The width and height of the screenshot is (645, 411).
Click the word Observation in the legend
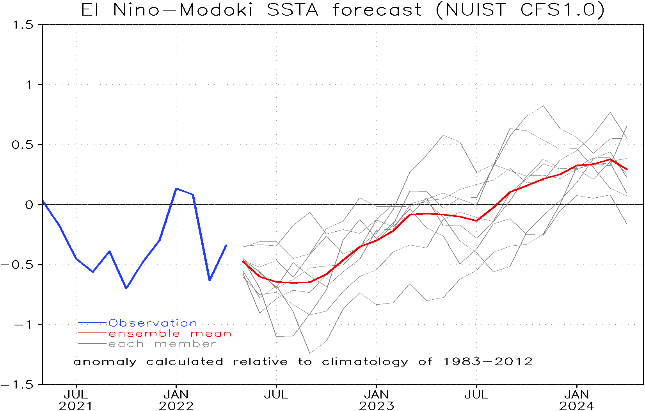click(x=153, y=323)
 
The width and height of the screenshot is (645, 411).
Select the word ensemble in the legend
click(x=144, y=334)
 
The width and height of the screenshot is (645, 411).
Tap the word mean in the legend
click(x=211, y=334)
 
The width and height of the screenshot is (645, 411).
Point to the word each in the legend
click(x=126, y=344)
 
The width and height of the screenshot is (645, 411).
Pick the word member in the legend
click(x=185, y=344)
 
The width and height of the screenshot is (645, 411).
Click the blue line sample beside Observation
click(x=92, y=323)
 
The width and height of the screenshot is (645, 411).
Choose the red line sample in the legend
click(x=92, y=333)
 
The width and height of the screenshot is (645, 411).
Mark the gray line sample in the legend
click(x=92, y=344)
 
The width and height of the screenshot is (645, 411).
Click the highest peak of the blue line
click(x=176, y=189)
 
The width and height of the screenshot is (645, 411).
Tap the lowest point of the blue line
click(x=126, y=288)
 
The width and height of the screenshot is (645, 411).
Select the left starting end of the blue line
click(x=43, y=202)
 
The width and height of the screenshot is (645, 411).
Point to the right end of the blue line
click(x=226, y=245)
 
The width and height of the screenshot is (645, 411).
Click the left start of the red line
click(x=243, y=261)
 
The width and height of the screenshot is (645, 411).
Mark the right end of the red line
click(x=627, y=169)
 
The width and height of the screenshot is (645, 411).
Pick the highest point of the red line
click(x=610, y=159)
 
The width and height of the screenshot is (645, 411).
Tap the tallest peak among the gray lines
click(x=543, y=106)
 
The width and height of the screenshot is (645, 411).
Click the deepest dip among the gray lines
click(x=310, y=353)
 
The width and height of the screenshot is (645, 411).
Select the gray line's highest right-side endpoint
click(x=627, y=126)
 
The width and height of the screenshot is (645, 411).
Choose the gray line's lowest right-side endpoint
click(x=627, y=223)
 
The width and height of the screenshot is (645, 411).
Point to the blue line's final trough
click(x=210, y=280)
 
